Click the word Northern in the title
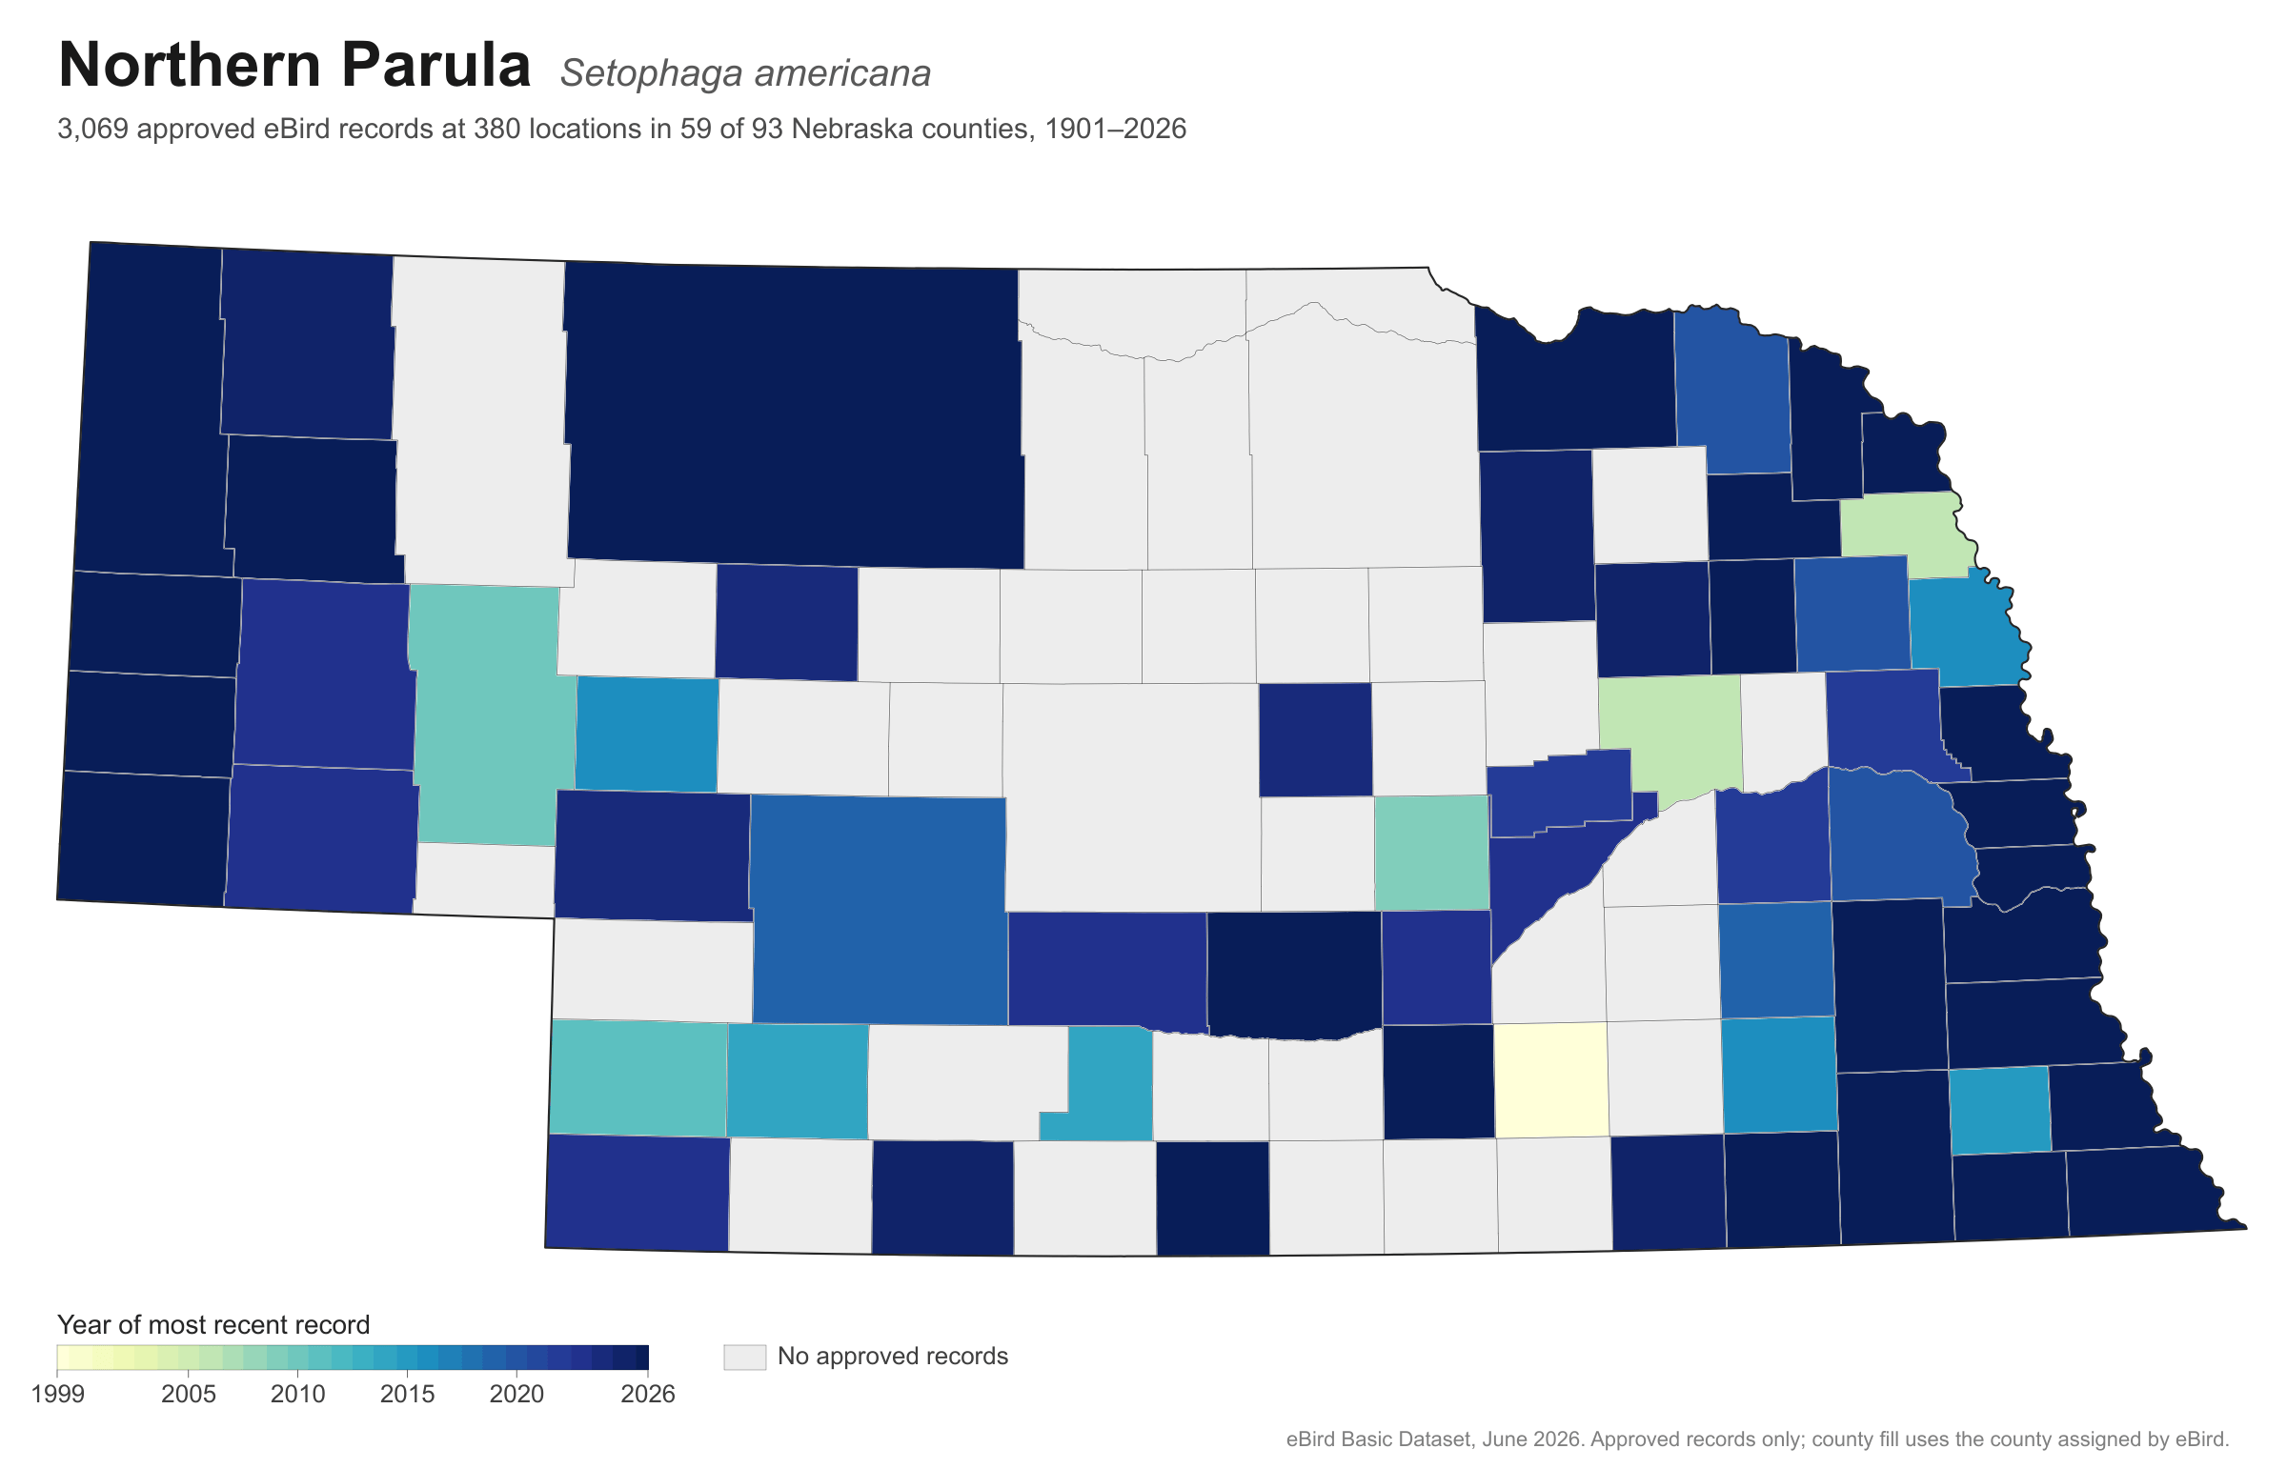[x=186, y=65]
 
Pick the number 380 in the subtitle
[x=497, y=129]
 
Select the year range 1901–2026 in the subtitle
[x=1115, y=129]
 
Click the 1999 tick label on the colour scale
[x=57, y=1395]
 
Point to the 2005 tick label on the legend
[x=188, y=1395]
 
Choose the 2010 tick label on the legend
[x=297, y=1395]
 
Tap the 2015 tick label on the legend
[x=408, y=1395]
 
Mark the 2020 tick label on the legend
[x=516, y=1395]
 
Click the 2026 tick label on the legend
[x=648, y=1395]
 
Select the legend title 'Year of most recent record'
[x=213, y=1325]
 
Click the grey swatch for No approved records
[x=744, y=1358]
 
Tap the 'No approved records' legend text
[x=892, y=1357]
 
